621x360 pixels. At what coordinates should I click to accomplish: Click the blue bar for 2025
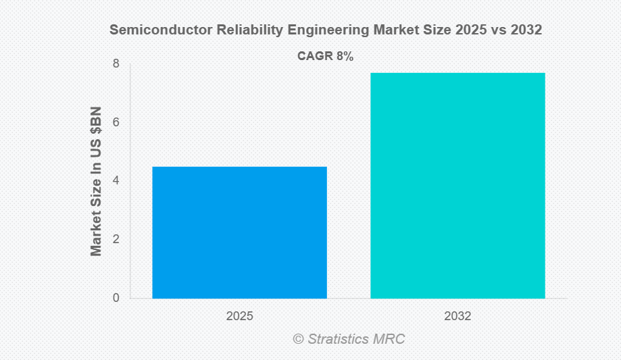(x=239, y=232)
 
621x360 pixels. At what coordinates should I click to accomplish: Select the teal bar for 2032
(x=457, y=185)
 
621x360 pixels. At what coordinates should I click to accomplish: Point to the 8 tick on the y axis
(x=116, y=64)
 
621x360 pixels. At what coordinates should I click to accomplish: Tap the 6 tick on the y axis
(x=116, y=122)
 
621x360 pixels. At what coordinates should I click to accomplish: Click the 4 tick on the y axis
(x=116, y=181)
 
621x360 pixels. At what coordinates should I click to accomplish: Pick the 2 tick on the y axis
(x=116, y=239)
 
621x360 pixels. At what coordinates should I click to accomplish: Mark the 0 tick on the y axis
(x=116, y=298)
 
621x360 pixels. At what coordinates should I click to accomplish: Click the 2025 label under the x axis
(x=239, y=316)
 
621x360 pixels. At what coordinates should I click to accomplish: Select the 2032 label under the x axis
(x=457, y=316)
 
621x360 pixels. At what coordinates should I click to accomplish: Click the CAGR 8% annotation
(x=325, y=57)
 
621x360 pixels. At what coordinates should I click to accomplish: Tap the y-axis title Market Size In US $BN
(x=96, y=181)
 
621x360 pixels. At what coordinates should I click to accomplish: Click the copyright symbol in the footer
(x=298, y=339)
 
